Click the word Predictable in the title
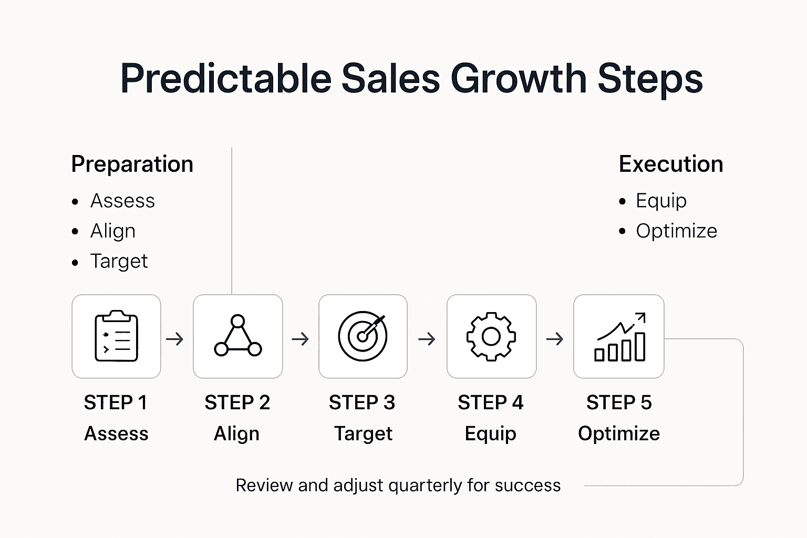pyautogui.click(x=225, y=79)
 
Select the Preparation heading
pyautogui.click(x=132, y=164)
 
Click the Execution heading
pyautogui.click(x=671, y=164)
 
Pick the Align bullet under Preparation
pyautogui.click(x=112, y=231)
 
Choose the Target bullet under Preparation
pyautogui.click(x=119, y=261)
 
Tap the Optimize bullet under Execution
pyautogui.click(x=676, y=231)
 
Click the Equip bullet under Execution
pyautogui.click(x=661, y=201)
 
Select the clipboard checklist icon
pyautogui.click(x=116, y=336)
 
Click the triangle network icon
pyautogui.click(x=238, y=336)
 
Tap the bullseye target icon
pyautogui.click(x=363, y=336)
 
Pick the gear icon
pyautogui.click(x=491, y=336)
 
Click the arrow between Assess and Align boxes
pyautogui.click(x=175, y=339)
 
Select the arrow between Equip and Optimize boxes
pyautogui.click(x=555, y=339)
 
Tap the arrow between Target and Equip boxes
pyautogui.click(x=427, y=339)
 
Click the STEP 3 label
pyautogui.click(x=362, y=403)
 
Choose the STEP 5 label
pyautogui.click(x=619, y=403)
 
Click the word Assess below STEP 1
pyautogui.click(x=116, y=434)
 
